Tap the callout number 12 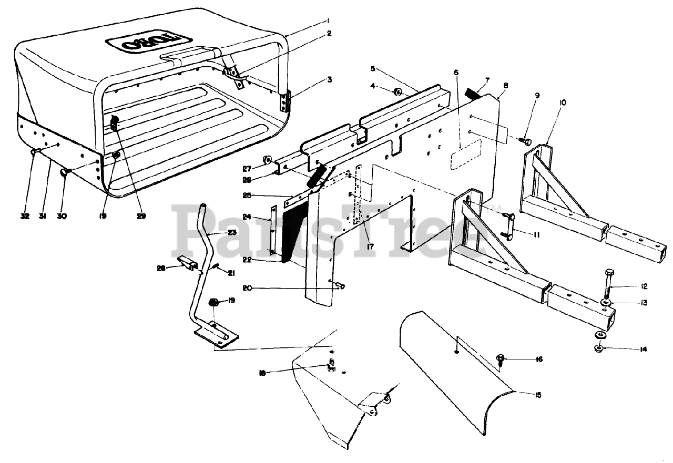tap(645, 287)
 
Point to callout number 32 tap(25, 217)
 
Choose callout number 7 tap(487, 80)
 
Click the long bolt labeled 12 tap(609, 284)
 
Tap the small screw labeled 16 tap(500, 360)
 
